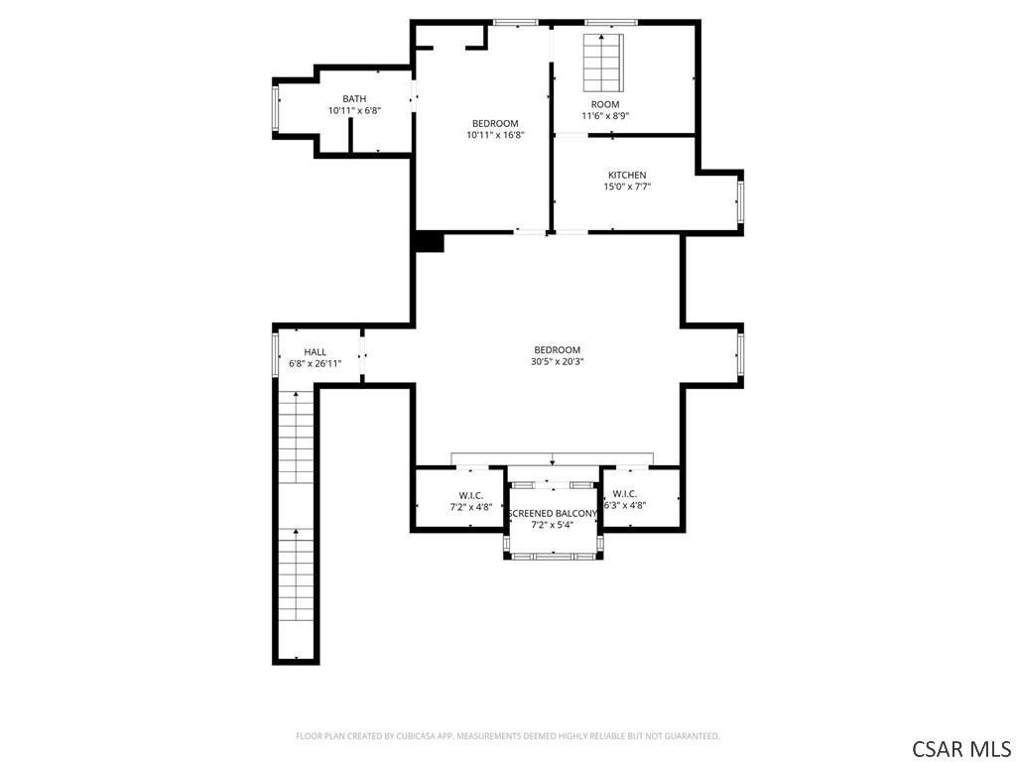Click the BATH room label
(x=354, y=98)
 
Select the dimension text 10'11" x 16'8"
(x=495, y=135)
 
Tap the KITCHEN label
(x=627, y=175)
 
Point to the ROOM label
(x=605, y=104)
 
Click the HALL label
(x=315, y=352)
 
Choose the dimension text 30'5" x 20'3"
(x=558, y=361)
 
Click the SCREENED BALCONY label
(x=553, y=514)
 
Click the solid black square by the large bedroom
(x=429, y=242)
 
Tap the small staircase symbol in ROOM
(x=603, y=63)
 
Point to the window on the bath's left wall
(x=276, y=108)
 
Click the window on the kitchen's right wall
(x=740, y=200)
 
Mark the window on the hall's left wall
(x=276, y=354)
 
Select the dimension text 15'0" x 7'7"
(x=627, y=187)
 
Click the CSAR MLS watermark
(x=960, y=748)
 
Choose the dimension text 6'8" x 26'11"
(x=315, y=363)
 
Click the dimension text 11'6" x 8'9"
(x=605, y=116)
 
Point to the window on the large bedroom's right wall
(x=740, y=354)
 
